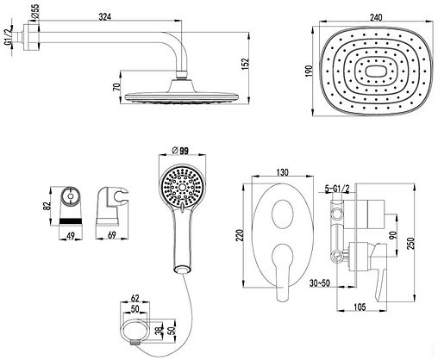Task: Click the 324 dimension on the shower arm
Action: point(105,16)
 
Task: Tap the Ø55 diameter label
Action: point(35,12)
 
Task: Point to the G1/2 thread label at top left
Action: point(8,36)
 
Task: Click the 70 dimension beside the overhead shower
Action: point(116,87)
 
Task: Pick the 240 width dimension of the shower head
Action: point(376,17)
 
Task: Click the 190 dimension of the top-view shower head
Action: point(309,71)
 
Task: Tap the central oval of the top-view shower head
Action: point(376,71)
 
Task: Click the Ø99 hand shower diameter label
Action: point(179,151)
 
